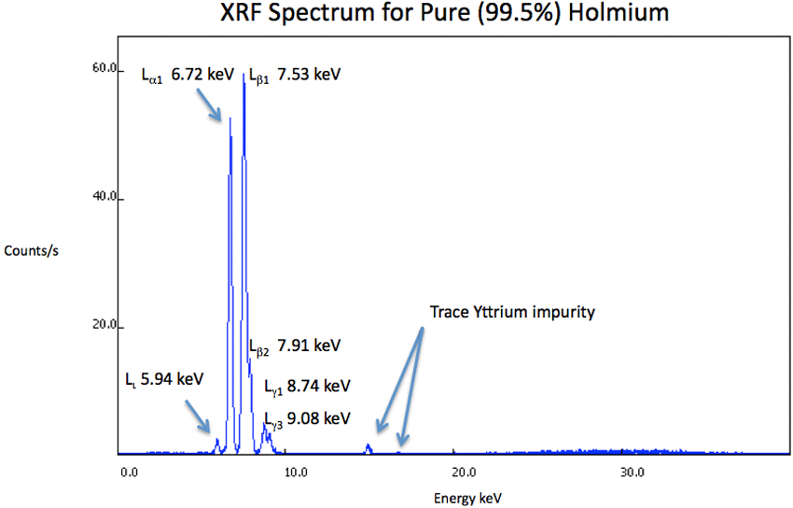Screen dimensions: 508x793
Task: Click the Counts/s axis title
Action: (x=31, y=251)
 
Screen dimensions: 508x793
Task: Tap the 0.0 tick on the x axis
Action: (x=129, y=472)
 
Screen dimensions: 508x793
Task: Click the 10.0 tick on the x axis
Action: (x=296, y=472)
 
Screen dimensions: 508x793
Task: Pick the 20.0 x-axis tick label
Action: (x=464, y=472)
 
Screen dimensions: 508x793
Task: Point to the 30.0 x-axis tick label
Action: (x=632, y=472)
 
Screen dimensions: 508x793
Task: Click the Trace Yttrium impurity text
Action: (x=511, y=312)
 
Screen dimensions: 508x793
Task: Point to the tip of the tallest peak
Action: (x=243, y=75)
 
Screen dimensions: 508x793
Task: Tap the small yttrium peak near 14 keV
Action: (x=369, y=447)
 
